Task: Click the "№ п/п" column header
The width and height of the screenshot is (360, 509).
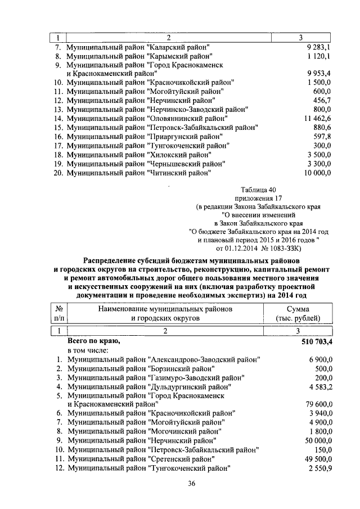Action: [x=60, y=313]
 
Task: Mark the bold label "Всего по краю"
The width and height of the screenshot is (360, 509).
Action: [x=93, y=341]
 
